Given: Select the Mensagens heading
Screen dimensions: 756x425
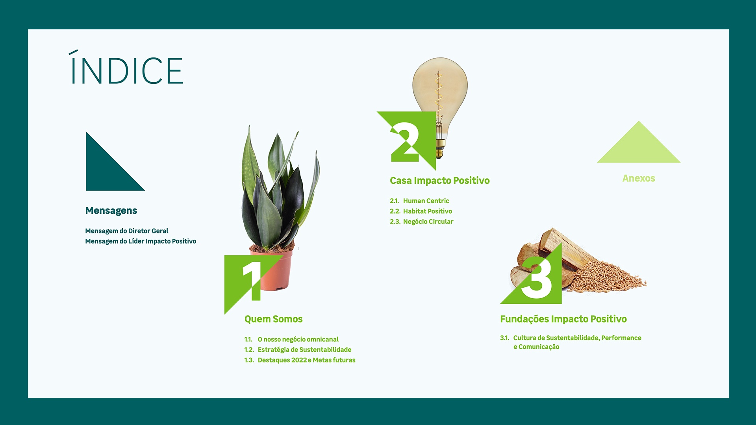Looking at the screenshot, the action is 111,211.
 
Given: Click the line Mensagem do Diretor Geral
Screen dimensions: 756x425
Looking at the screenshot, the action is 127,231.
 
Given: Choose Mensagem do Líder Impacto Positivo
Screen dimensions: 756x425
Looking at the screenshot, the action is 141,241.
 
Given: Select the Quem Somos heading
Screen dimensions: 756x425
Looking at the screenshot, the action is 274,319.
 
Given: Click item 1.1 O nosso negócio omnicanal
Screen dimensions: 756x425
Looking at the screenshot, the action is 291,339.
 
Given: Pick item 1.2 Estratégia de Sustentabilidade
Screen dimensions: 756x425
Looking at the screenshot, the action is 298,349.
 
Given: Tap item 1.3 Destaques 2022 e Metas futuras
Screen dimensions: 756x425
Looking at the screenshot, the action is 300,360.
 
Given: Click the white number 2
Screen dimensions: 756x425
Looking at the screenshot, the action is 405,142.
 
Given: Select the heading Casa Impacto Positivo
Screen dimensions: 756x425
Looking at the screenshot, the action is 440,181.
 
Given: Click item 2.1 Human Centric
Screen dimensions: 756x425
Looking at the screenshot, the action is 419,201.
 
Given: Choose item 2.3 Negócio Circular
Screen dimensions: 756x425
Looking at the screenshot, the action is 422,222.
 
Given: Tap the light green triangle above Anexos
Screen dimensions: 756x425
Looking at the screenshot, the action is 639,146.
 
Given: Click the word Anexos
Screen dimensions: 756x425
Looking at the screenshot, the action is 639,178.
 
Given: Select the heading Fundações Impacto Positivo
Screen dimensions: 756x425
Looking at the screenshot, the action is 563,319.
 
